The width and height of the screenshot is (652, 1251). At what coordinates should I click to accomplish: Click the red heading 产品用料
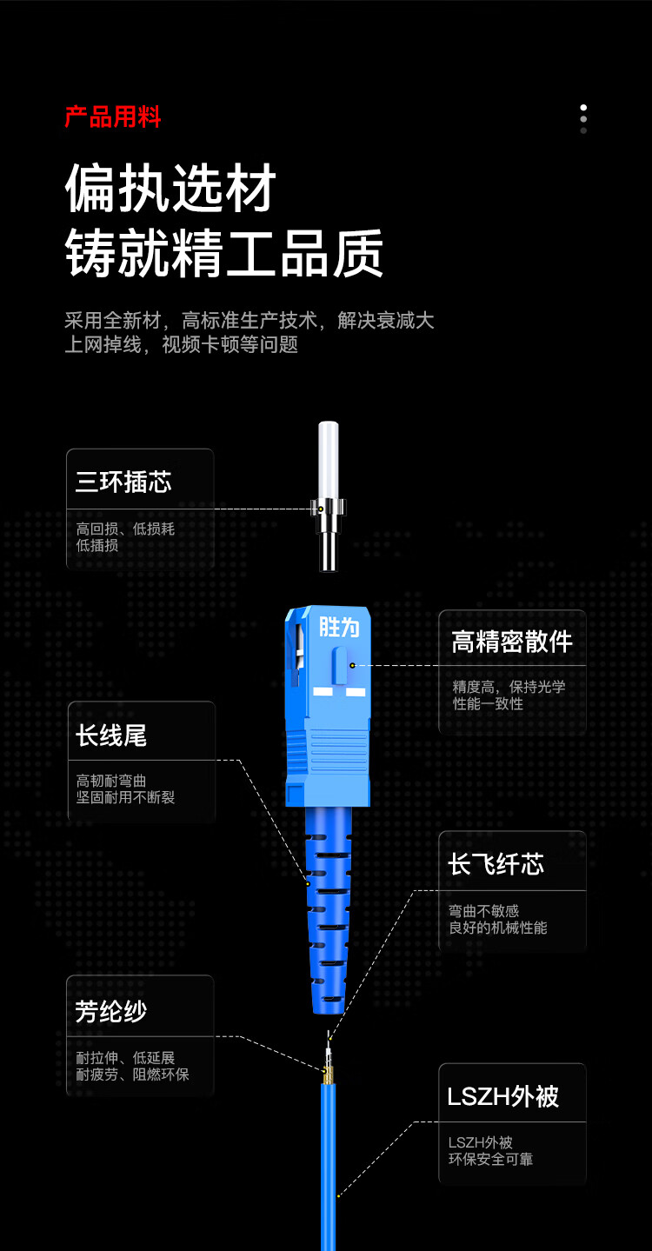point(113,116)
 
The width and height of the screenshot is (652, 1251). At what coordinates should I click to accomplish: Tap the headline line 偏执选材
point(170,188)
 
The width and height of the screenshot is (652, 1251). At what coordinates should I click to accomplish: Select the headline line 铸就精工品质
point(224,253)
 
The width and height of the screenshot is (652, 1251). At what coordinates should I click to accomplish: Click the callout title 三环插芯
point(123,482)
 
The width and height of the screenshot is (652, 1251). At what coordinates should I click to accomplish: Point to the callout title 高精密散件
point(512,642)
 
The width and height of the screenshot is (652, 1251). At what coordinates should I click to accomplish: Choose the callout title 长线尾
point(111,735)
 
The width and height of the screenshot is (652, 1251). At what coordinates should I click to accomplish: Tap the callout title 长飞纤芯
point(496,864)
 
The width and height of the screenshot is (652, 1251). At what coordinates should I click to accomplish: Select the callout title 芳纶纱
point(111,1011)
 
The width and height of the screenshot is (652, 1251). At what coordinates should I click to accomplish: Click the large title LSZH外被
point(502,1095)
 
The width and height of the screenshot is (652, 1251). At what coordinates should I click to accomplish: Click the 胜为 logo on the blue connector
point(339,627)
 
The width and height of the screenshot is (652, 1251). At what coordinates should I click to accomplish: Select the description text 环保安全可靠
point(490,1160)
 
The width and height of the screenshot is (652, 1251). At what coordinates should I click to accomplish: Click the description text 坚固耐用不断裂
point(125,797)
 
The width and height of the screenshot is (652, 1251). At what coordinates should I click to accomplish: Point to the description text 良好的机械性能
point(498,928)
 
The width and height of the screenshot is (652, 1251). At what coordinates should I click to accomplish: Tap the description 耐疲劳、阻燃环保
point(132,1074)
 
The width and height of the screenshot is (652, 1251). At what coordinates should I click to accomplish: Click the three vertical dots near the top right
point(583,118)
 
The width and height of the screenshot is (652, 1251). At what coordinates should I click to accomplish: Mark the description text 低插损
point(97,545)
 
